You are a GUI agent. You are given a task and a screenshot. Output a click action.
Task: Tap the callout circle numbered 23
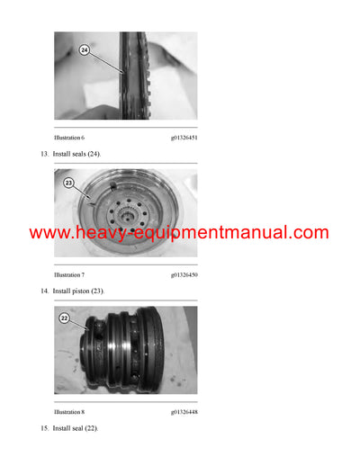67,184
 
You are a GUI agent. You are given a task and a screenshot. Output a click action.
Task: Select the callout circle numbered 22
65,318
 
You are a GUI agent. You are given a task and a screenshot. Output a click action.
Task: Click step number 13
44,155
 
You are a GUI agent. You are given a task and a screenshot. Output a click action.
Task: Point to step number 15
44,428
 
